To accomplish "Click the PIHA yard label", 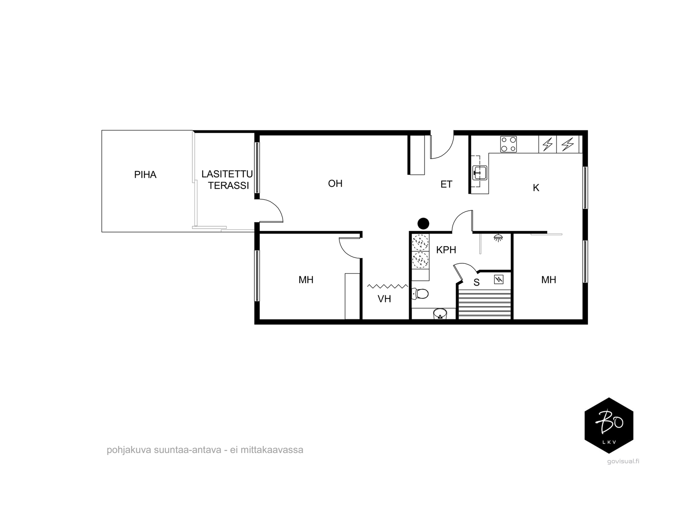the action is point(145,175).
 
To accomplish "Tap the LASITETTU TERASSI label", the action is point(227,180).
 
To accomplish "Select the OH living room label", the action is point(335,183).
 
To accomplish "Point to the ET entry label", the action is point(446,184).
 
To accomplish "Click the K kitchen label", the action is point(536,188).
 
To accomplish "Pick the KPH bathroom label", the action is point(446,250).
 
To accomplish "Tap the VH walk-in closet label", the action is point(384,299).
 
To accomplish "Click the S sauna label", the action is point(477,283).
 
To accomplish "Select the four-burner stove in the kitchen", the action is point(508,144).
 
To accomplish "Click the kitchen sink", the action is point(480,173).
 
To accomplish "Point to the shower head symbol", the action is point(498,238).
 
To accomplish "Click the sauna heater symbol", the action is point(498,280).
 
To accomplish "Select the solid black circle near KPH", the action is point(423,223).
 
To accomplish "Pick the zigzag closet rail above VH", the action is point(388,286).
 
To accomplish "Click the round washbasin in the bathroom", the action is point(440,314).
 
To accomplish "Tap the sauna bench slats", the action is point(484,304).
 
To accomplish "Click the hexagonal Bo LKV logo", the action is point(609,425).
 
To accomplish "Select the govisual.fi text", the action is point(623,461).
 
